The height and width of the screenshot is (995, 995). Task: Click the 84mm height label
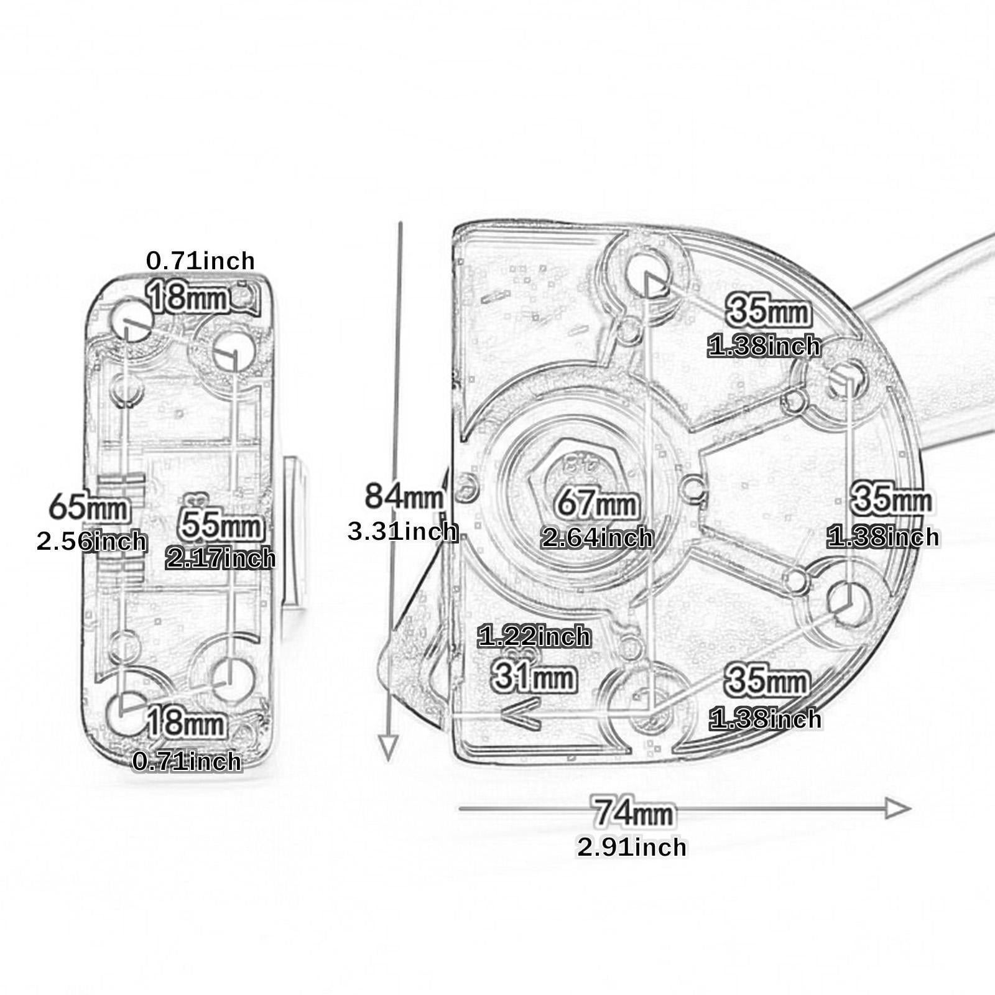pyautogui.click(x=404, y=496)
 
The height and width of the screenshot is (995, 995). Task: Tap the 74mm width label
pyautogui.click(x=633, y=812)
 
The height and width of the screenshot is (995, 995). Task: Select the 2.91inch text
pyautogui.click(x=632, y=847)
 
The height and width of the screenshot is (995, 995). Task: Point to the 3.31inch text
pyautogui.click(x=402, y=531)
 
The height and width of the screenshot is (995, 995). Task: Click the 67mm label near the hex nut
pyautogui.click(x=597, y=502)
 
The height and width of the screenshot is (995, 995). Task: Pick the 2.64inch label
pyautogui.click(x=597, y=537)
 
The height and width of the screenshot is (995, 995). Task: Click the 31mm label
pyautogui.click(x=534, y=676)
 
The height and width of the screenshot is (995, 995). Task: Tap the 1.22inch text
pyautogui.click(x=534, y=636)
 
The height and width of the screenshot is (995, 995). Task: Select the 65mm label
pyautogui.click(x=90, y=507)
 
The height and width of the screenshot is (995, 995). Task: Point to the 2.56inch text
pyautogui.click(x=92, y=541)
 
